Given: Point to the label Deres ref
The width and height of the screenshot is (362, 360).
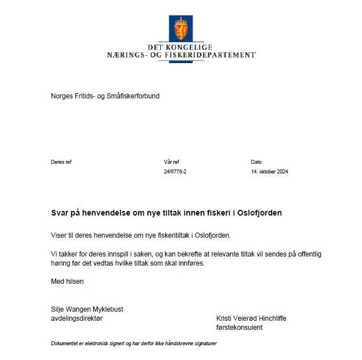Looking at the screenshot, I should click(61, 162).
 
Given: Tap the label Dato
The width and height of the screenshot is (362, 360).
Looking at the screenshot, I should click(256, 162).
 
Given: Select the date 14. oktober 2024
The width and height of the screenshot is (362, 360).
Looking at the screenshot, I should click(269, 172).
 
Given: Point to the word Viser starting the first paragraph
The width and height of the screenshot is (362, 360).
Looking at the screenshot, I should click(60, 235).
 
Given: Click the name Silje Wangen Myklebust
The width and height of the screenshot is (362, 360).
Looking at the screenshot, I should click(87, 309).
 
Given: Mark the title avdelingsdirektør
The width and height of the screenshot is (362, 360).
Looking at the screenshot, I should click(77, 318).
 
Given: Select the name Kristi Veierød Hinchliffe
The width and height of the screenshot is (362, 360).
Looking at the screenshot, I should click(251, 318).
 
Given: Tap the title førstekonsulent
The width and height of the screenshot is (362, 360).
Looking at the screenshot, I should click(239, 328).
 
